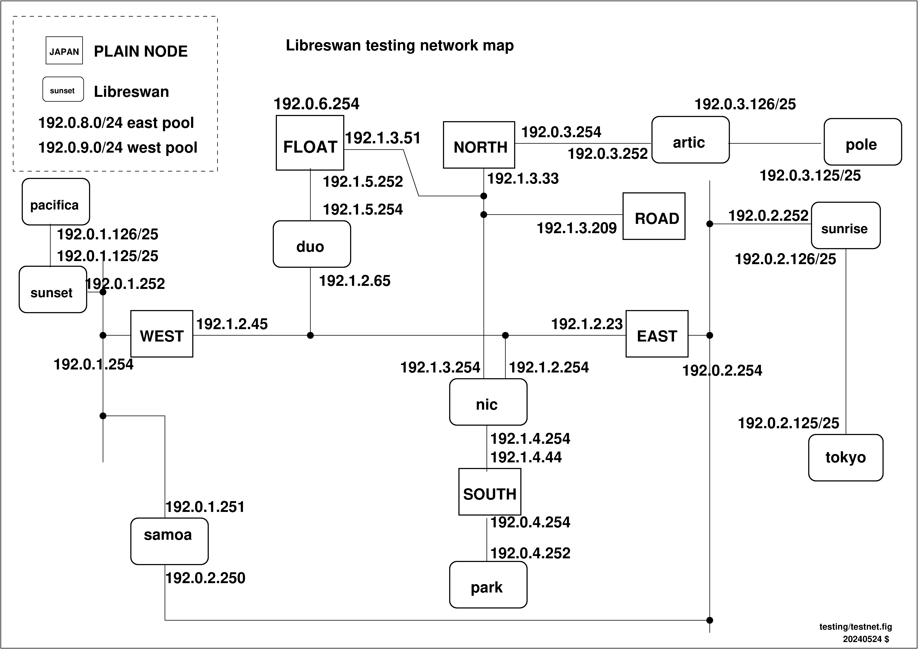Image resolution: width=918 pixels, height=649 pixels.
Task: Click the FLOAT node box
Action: [x=310, y=143]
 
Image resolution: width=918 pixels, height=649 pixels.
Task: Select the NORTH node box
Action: [x=479, y=144]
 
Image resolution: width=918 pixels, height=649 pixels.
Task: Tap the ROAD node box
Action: [x=654, y=216]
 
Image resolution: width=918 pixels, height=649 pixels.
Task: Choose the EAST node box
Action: [x=657, y=334]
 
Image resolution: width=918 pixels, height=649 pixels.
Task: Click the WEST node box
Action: [x=162, y=334]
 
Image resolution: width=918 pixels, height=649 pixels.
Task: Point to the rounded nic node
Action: [x=488, y=402]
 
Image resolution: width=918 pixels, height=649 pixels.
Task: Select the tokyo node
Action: [x=846, y=457]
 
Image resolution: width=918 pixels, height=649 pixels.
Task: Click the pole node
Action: [x=863, y=142]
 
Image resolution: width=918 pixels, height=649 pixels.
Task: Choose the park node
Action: [x=488, y=585]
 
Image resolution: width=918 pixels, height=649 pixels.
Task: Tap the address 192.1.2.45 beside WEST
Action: [x=232, y=324]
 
